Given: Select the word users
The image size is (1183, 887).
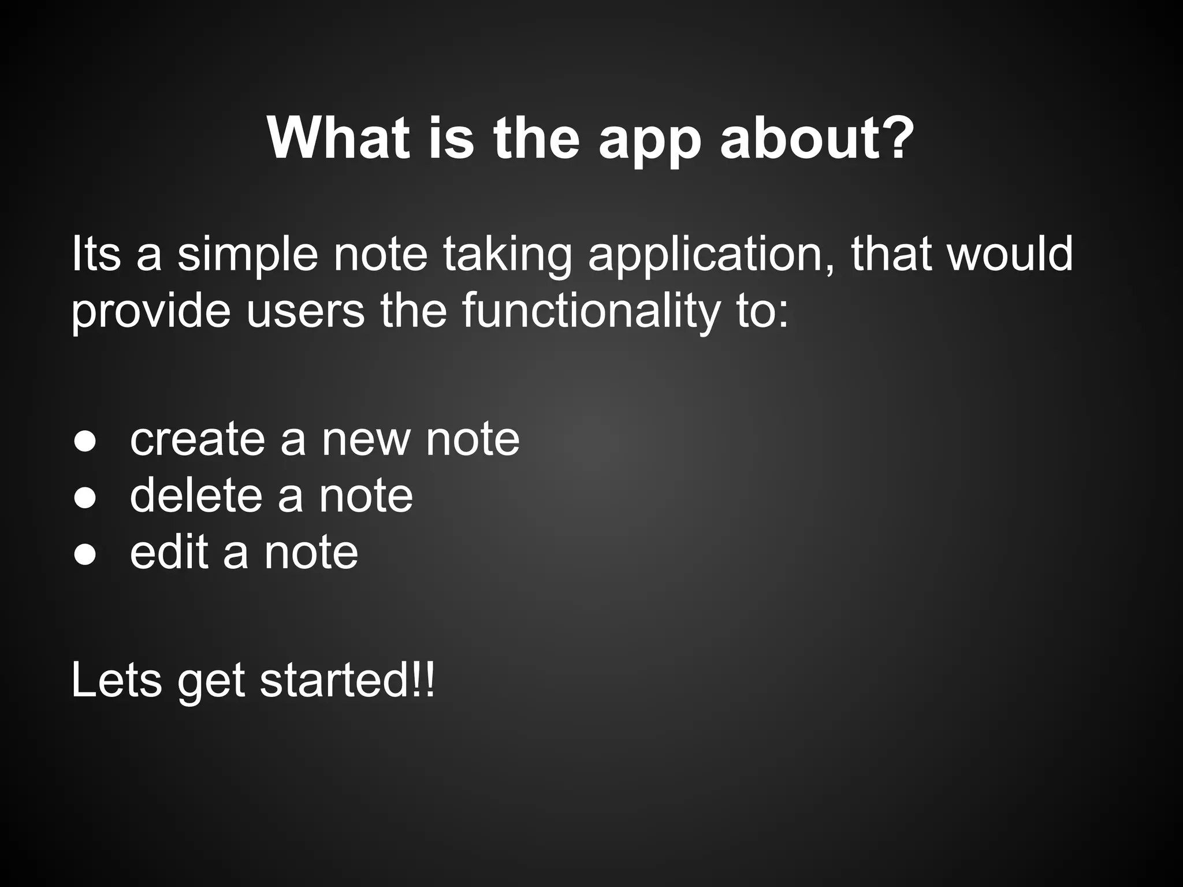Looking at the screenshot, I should [306, 312].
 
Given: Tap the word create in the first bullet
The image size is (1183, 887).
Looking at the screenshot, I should [197, 440].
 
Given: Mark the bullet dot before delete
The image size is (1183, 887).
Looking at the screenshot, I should [84, 498].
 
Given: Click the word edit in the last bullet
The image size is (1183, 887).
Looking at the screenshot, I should [169, 552].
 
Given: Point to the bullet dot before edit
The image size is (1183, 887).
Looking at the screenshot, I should [84, 554].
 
